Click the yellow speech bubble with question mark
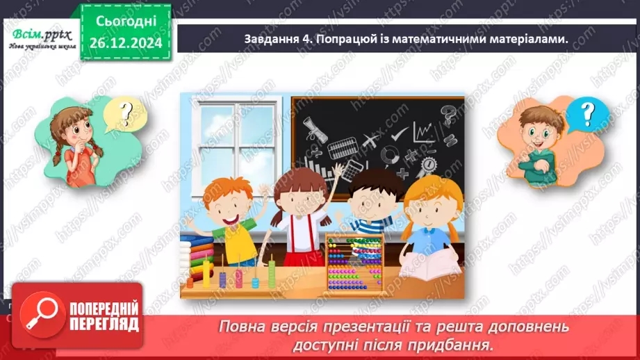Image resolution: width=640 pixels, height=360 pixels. pos(126,112)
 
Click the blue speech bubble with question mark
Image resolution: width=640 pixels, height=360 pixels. pos(587,113)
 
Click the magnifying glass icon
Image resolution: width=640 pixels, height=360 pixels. pos(38,316)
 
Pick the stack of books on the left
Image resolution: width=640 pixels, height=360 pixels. pos(197,254)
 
